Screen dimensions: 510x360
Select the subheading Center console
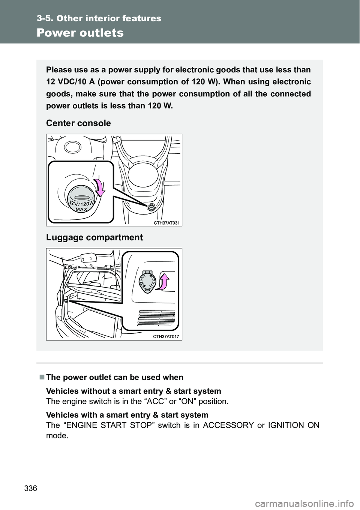(x=78, y=123)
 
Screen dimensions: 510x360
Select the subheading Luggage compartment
(x=94, y=237)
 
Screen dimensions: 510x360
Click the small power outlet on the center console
(x=150, y=207)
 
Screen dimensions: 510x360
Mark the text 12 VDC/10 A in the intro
(x=68, y=82)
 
